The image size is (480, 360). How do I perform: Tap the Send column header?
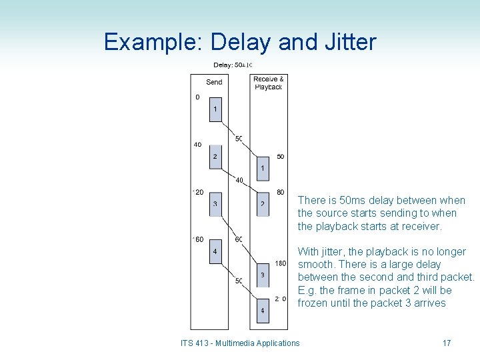[214, 82]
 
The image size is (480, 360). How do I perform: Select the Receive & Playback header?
[268, 83]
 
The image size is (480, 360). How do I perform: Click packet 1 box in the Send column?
[215, 109]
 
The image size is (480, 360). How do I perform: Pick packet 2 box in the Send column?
[215, 157]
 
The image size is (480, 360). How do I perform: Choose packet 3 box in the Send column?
[215, 203]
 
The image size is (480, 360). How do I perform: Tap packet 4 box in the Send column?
[215, 251]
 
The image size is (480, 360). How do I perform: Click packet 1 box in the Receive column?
[263, 168]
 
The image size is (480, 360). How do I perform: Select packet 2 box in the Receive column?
[263, 203]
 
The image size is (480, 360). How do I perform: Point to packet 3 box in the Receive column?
[263, 275]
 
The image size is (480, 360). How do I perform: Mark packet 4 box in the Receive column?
[263, 310]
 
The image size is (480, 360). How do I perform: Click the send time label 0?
[197, 97]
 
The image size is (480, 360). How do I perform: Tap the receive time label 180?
[280, 263]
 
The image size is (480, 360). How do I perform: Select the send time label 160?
[198, 239]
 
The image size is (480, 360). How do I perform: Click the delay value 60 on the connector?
[239, 239]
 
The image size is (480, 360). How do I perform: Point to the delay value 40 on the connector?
[239, 180]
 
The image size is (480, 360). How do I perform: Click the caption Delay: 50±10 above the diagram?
[232, 65]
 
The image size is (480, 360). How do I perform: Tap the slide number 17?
[447, 343]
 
